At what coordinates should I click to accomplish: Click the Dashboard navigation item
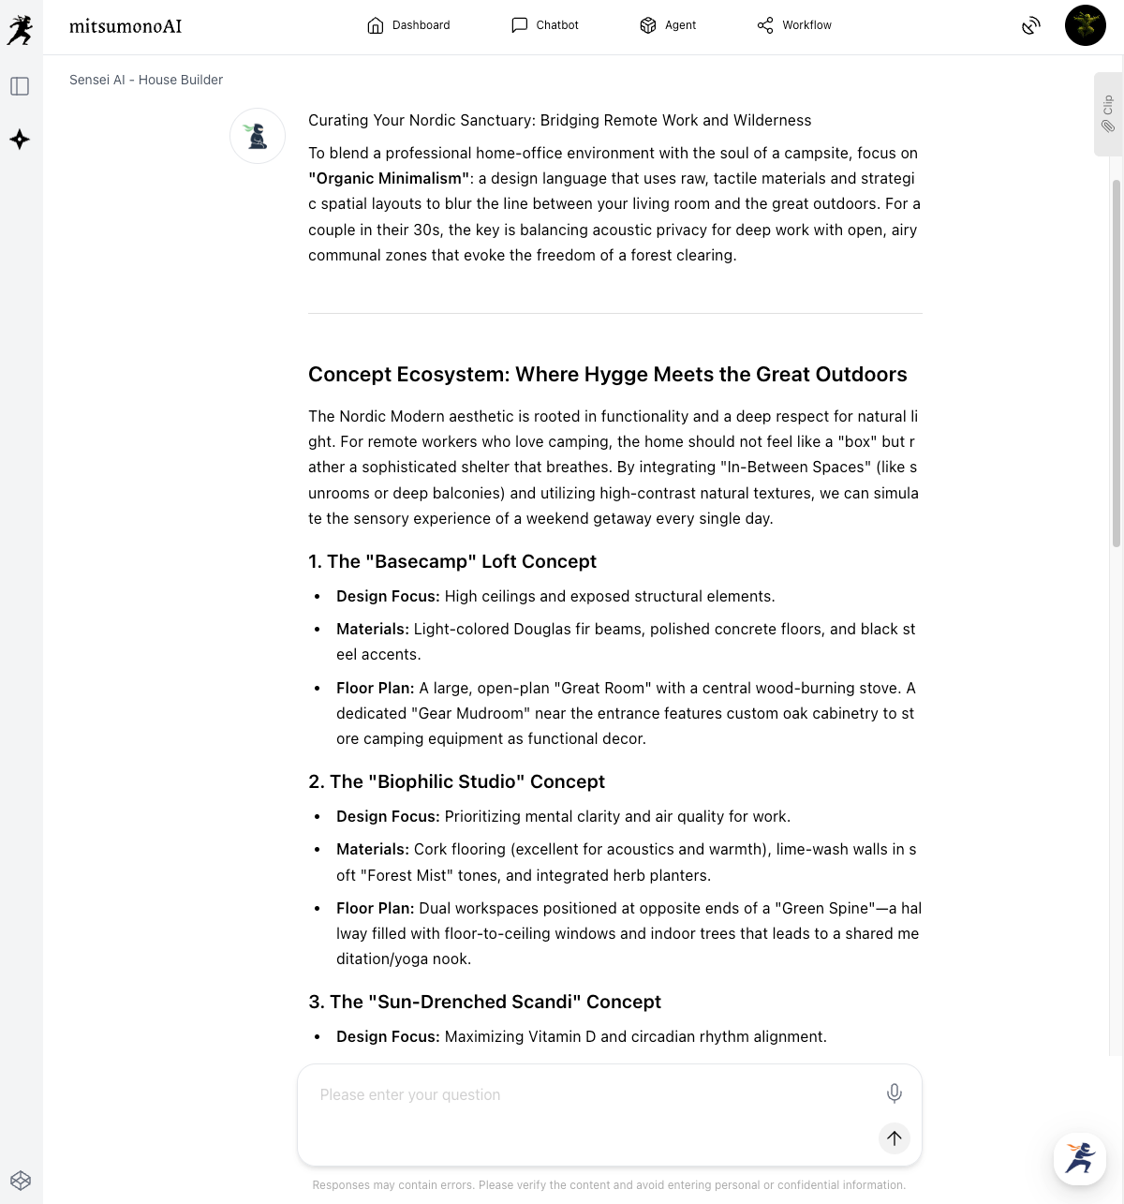tap(408, 25)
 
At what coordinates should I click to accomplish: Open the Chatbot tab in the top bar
tap(545, 25)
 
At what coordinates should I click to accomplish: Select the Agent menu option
tap(668, 25)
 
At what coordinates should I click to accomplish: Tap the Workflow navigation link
tap(794, 25)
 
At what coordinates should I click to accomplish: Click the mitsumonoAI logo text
tap(126, 26)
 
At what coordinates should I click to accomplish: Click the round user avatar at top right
tap(1085, 25)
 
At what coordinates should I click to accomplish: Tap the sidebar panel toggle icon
tap(20, 86)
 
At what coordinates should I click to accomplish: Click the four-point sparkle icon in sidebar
tap(20, 140)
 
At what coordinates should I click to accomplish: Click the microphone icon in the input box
tap(895, 1093)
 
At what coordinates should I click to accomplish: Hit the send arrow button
tap(895, 1137)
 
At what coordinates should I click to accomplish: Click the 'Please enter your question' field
tap(581, 1094)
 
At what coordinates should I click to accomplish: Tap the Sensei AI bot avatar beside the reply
tap(258, 136)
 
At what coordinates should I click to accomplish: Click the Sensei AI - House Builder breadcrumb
tap(146, 80)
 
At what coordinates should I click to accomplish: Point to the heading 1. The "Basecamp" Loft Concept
tap(452, 561)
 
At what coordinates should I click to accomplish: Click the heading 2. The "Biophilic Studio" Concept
tap(456, 781)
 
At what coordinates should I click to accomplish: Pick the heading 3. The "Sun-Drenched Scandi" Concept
tap(484, 1002)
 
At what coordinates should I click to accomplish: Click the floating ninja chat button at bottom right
tap(1080, 1158)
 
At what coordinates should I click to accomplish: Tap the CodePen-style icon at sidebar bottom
tap(21, 1180)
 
